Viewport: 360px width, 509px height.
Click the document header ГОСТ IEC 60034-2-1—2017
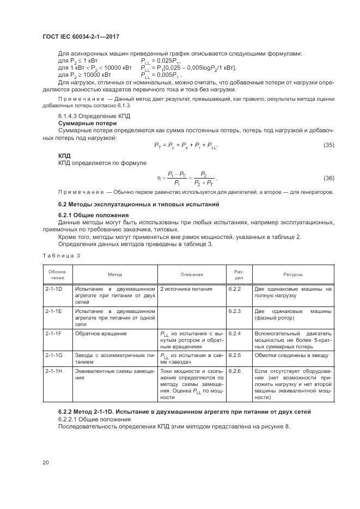click(x=82, y=36)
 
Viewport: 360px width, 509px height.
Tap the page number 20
click(x=46, y=463)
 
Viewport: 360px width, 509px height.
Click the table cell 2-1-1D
click(x=53, y=289)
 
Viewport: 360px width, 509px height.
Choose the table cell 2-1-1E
click(x=53, y=311)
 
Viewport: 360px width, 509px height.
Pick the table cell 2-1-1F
click(x=53, y=333)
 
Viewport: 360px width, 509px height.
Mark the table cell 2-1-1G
click(x=53, y=354)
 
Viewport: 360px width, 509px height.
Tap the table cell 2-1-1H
click(x=53, y=371)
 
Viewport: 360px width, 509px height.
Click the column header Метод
click(x=115, y=275)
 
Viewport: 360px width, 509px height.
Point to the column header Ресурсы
click(x=293, y=275)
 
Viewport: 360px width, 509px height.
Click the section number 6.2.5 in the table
click(x=235, y=354)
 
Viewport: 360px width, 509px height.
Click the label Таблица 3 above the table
click(x=61, y=255)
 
